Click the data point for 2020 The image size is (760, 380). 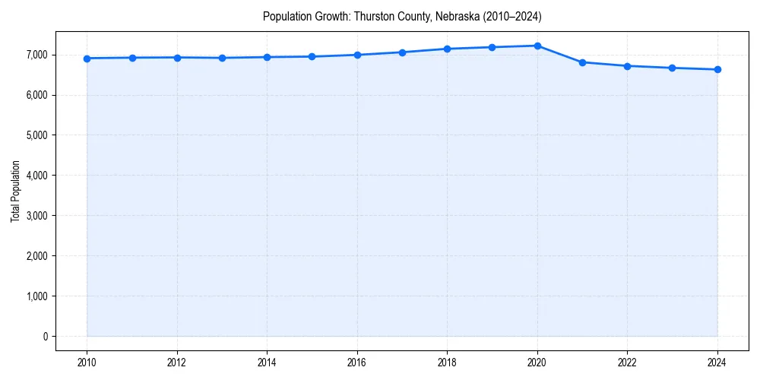pos(537,46)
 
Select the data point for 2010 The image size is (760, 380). pos(87,59)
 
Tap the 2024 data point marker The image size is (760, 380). pos(717,70)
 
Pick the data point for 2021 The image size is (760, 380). pos(582,62)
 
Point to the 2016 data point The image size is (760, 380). pos(357,55)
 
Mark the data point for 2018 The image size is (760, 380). pos(447,49)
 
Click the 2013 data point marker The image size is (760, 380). pos(222,58)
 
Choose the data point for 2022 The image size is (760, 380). pos(627,66)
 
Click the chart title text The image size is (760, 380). pos(402,16)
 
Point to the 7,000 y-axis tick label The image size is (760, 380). pos(35,55)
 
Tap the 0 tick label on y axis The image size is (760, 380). pos(44,337)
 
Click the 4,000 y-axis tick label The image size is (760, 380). pos(35,176)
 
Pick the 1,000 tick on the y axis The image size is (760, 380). pos(35,296)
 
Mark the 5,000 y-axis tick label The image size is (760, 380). pos(35,135)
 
